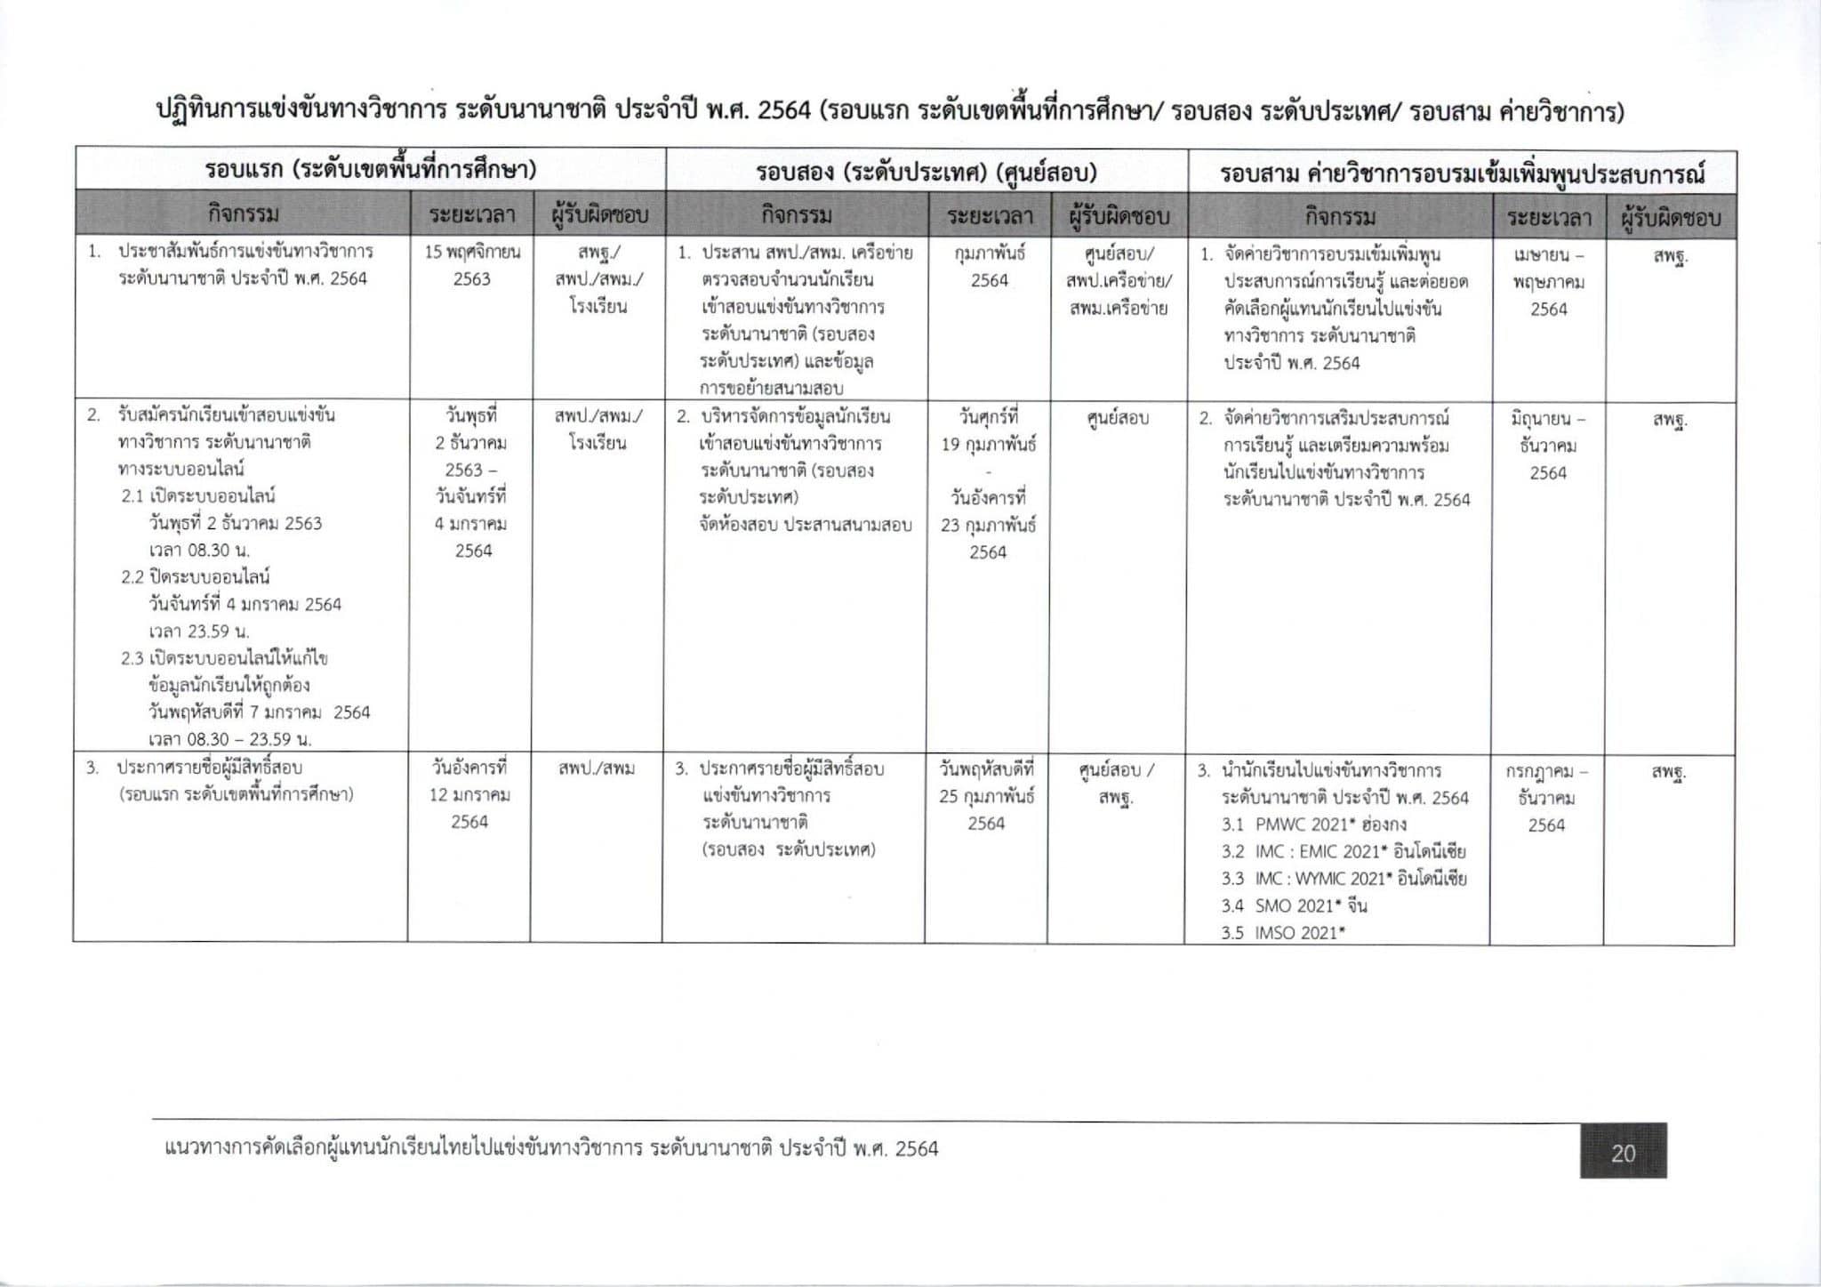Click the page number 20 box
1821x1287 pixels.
coord(1623,1153)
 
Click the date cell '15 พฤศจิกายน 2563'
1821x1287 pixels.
coord(472,265)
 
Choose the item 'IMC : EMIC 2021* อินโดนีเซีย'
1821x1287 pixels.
coord(1343,851)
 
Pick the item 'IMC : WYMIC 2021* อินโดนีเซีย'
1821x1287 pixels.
coord(1344,879)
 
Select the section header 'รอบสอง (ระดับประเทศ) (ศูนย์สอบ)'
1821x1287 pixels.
coord(926,171)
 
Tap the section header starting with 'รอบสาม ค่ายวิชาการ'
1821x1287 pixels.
coord(1462,172)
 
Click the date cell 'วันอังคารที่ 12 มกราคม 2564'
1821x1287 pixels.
coord(469,794)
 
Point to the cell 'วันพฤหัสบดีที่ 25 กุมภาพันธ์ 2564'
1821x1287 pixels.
coord(987,795)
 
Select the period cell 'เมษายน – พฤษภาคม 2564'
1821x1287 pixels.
coord(1548,282)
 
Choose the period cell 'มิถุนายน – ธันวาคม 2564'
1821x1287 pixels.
coord(1548,445)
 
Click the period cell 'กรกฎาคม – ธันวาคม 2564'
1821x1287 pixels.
coord(1546,798)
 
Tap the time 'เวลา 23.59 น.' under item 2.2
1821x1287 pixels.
coord(199,631)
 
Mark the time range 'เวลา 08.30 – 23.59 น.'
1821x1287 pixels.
coord(229,739)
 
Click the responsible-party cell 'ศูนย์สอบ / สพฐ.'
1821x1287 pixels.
coord(1116,784)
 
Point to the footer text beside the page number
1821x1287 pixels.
coord(551,1149)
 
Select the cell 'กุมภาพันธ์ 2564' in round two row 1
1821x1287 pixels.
coord(989,266)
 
